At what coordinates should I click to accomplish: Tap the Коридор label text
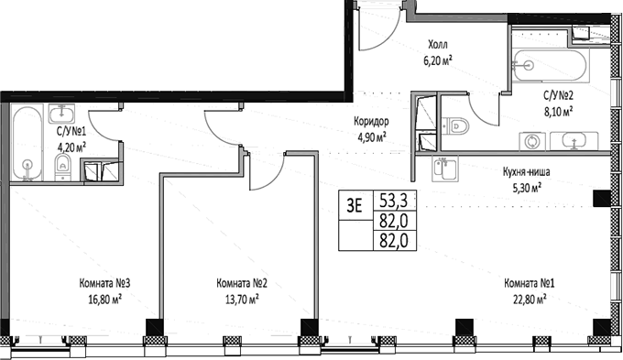(373, 122)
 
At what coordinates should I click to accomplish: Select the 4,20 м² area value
(71, 144)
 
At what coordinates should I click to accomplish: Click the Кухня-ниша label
(525, 170)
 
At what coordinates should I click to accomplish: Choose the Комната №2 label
(242, 283)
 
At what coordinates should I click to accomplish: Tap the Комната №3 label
(100, 283)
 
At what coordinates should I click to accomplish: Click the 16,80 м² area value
(100, 297)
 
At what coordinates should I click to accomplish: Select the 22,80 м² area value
(530, 297)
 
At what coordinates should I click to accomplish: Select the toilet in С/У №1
(61, 166)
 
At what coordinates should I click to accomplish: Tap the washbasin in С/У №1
(61, 114)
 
